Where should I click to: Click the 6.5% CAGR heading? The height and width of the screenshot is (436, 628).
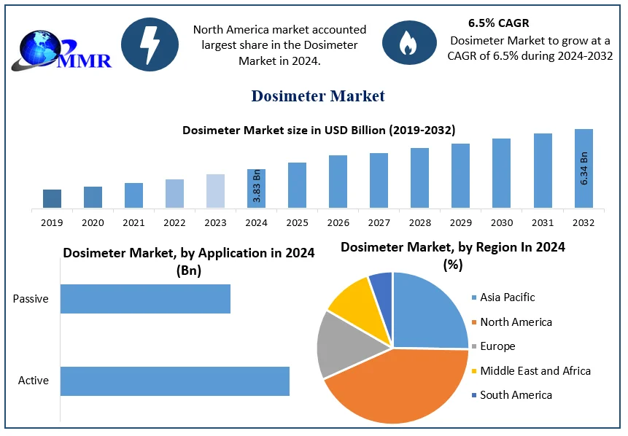click(499, 23)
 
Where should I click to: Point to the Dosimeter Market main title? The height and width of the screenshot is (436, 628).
click(318, 96)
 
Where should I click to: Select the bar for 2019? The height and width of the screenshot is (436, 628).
click(52, 198)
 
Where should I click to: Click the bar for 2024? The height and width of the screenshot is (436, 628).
click(256, 188)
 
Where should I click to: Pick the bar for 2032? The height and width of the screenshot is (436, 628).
click(584, 168)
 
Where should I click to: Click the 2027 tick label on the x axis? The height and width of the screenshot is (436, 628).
click(379, 222)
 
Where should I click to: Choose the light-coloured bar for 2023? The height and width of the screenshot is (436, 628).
click(215, 191)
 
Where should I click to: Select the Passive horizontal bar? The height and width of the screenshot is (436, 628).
click(145, 299)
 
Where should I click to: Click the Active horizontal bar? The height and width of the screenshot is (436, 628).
click(174, 381)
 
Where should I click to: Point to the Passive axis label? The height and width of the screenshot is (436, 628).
click(31, 299)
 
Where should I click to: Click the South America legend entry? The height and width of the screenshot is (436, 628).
click(516, 395)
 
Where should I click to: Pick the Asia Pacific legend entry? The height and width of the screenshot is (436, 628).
click(507, 297)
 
